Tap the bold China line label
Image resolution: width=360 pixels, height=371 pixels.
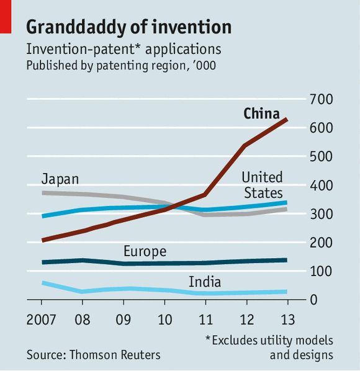click(x=261, y=114)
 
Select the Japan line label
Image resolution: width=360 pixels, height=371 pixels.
click(x=60, y=179)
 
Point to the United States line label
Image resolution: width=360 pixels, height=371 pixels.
click(x=262, y=185)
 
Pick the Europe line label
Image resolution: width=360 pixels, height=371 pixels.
click(x=145, y=251)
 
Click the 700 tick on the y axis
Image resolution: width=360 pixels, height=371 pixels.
click(x=322, y=99)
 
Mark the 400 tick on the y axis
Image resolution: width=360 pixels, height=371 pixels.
click(x=322, y=185)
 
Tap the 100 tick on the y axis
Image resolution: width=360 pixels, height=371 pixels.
click(x=322, y=272)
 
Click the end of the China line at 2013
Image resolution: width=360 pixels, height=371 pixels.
click(x=287, y=118)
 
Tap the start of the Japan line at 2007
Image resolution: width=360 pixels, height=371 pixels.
click(x=42, y=193)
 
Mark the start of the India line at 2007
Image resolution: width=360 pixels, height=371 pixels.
click(x=42, y=283)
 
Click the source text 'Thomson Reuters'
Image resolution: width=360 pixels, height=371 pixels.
click(x=115, y=355)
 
